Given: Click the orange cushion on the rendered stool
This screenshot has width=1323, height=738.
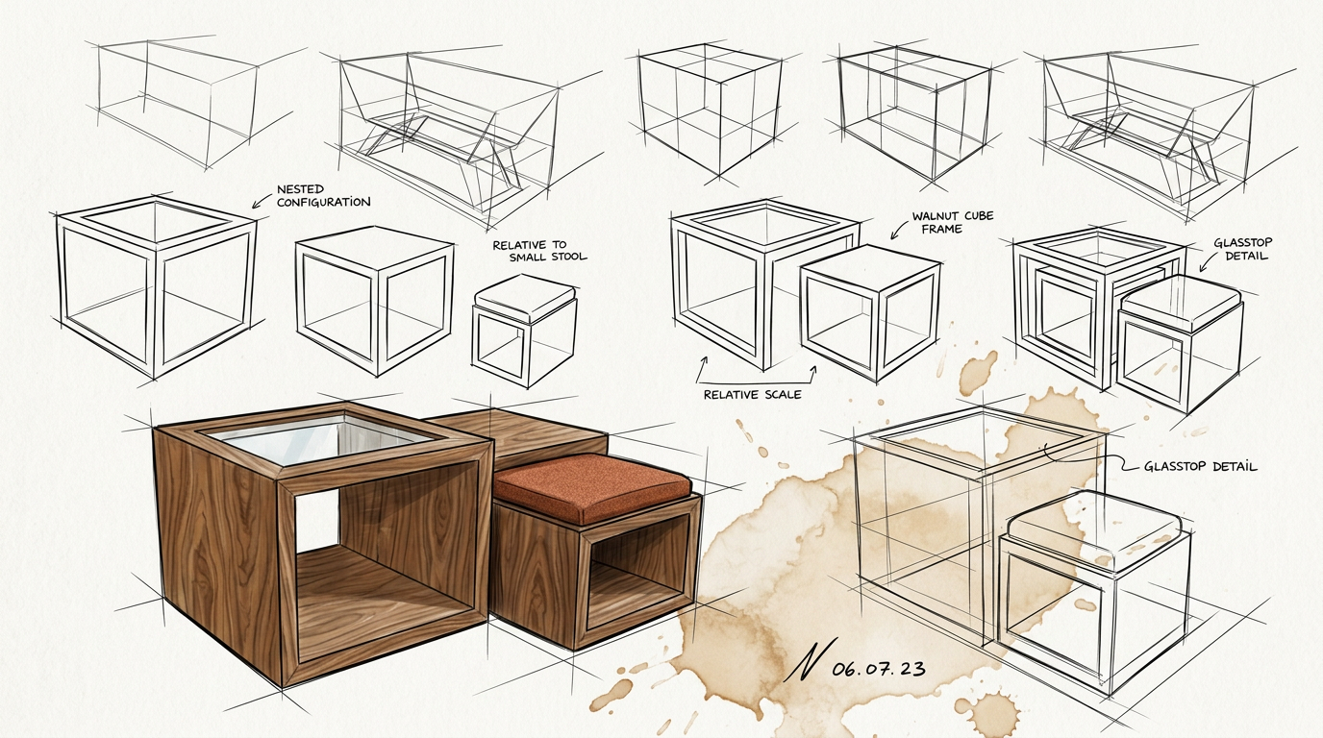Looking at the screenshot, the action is click(592, 487).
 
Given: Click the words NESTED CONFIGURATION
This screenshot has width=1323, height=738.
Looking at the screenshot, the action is click(324, 195).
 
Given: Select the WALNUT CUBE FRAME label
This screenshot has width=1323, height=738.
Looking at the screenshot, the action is click(952, 223).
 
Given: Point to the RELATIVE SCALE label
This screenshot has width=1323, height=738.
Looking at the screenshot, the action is click(753, 394).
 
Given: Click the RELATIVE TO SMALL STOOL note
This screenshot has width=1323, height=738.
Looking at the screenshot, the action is click(539, 251).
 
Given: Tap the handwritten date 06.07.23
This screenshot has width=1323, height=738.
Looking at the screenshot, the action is click(878, 669).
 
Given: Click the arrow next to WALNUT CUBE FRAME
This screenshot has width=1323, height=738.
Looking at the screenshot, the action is click(899, 231).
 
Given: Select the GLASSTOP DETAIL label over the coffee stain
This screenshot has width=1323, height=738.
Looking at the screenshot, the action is click(1201, 466).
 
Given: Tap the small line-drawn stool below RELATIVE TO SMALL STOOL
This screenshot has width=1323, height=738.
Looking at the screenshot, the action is click(524, 330).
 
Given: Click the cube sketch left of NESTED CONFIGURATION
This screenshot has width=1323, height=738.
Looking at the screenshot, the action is click(157, 286).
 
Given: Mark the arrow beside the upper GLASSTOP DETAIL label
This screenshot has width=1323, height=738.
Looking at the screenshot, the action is click(1208, 261).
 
